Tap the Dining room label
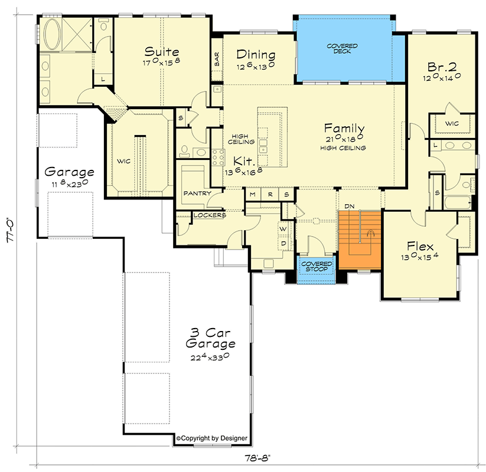click(256, 55)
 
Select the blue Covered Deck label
click(343, 49)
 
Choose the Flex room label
click(420, 246)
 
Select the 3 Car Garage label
click(210, 337)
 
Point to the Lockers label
click(210, 215)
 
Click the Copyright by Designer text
click(212, 438)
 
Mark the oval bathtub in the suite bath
click(51, 34)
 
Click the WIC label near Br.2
click(452, 123)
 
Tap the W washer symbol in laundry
click(282, 228)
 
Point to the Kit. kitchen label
click(243, 160)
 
